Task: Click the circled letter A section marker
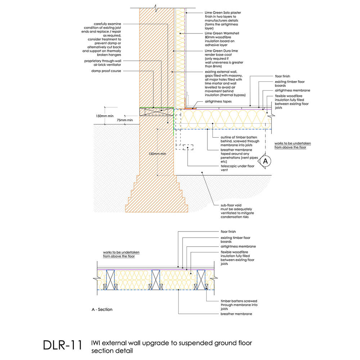click(265, 161)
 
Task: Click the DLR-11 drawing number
click(62, 345)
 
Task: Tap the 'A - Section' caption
click(102, 310)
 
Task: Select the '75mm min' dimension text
click(125, 120)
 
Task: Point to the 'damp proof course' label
click(106, 71)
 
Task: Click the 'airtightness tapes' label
click(218, 101)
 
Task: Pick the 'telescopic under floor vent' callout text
click(237, 168)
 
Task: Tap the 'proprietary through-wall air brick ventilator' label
click(103, 63)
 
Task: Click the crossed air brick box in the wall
click(157, 112)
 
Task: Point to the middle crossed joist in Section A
click(156, 280)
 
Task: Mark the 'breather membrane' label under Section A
click(236, 314)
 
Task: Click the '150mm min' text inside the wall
click(157, 154)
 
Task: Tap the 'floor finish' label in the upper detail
click(282, 76)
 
